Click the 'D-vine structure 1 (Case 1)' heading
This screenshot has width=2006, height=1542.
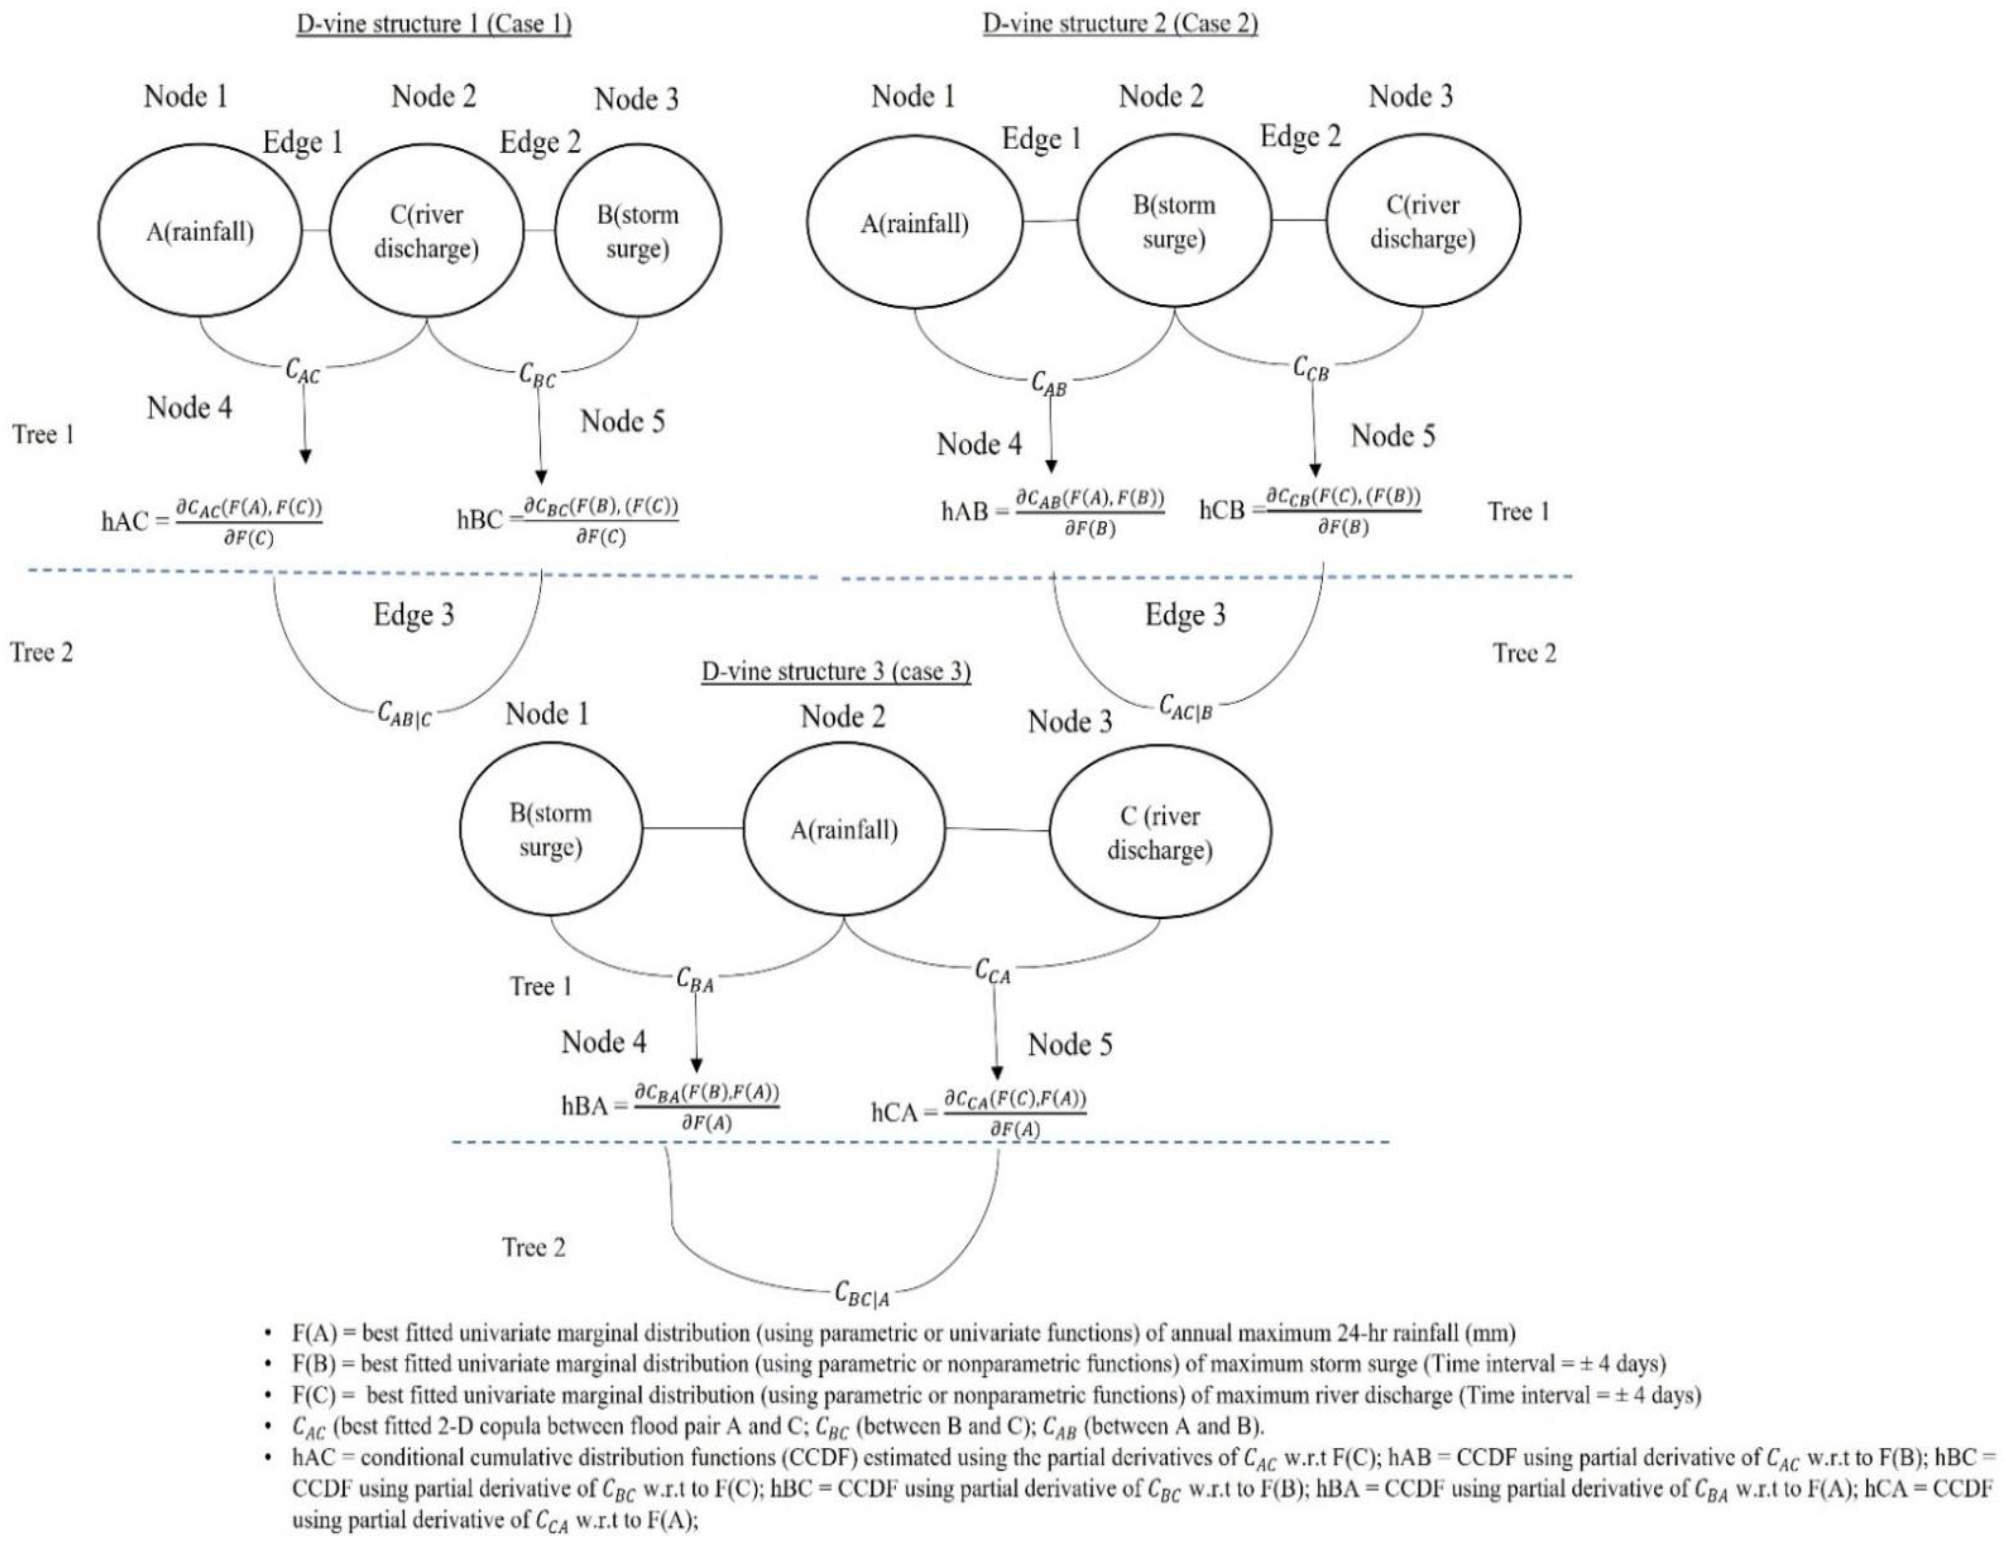coord(433,24)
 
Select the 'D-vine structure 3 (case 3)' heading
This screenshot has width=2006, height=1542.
coord(836,671)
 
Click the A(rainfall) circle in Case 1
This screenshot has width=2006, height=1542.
coord(199,231)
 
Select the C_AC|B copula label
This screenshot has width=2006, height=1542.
coord(1185,707)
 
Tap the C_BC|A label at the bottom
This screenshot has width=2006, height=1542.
coord(861,1294)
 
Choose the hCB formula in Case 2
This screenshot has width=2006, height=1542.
coord(1310,511)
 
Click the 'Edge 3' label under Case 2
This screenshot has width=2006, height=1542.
coord(1184,615)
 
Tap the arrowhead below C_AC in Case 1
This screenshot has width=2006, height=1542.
coord(305,456)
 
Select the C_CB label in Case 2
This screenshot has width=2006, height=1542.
coord(1310,369)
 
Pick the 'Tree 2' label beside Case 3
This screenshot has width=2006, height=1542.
coord(533,1247)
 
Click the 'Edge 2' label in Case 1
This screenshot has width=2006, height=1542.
coord(540,142)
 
